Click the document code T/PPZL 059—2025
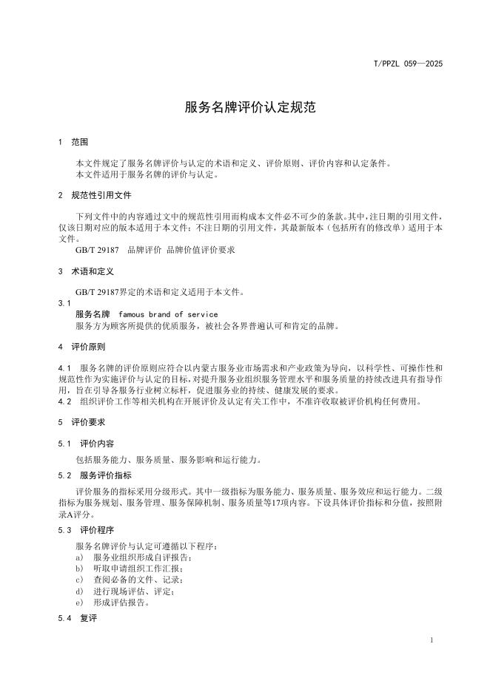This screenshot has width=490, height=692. [408, 64]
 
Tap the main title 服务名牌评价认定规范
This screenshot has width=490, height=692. [249, 107]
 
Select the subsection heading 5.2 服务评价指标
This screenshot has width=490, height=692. [95, 475]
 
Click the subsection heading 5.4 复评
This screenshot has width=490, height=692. [77, 617]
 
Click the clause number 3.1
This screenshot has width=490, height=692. [64, 303]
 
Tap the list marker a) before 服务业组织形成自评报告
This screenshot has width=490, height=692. [79, 557]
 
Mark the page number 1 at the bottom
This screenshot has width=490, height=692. [432, 640]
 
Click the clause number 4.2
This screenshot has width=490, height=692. [64, 401]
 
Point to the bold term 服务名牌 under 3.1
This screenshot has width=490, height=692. [92, 314]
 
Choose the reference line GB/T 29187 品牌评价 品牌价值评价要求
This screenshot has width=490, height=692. [155, 250]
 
